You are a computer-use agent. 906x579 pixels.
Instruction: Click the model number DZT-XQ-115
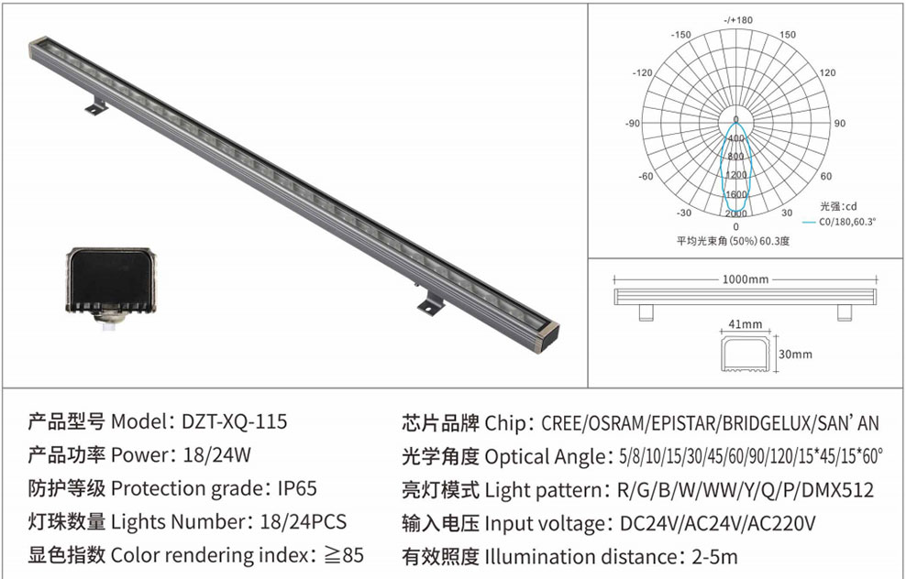pyautogui.click(x=234, y=421)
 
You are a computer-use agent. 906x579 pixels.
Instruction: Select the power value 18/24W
pyautogui.click(x=217, y=455)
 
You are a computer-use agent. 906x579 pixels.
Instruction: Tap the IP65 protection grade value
pyautogui.click(x=298, y=488)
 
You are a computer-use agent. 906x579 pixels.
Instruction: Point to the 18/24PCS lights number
pyautogui.click(x=304, y=522)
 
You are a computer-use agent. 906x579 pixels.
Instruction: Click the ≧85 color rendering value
pyautogui.click(x=343, y=555)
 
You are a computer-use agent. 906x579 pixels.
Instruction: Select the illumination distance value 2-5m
pyautogui.click(x=714, y=556)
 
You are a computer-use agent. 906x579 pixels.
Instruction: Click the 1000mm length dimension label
pyautogui.click(x=746, y=279)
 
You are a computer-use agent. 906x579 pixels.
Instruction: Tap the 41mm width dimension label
pyautogui.click(x=746, y=324)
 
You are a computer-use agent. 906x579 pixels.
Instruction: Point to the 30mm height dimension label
pyautogui.click(x=796, y=354)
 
